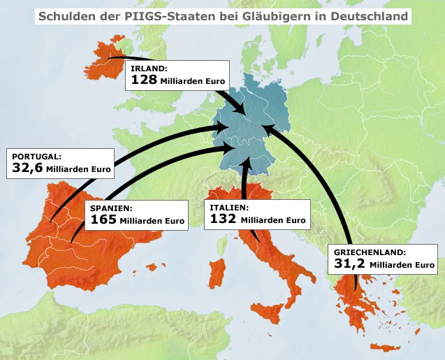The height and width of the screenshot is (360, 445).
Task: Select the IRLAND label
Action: click(x=148, y=69)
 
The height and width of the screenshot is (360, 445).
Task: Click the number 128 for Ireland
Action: click(x=143, y=80)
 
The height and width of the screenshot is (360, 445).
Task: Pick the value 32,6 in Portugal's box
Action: click(x=28, y=168)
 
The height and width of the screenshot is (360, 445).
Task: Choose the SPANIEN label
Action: click(x=111, y=208)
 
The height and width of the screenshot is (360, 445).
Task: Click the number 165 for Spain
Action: click(x=103, y=220)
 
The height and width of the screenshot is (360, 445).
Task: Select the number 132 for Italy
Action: click(x=223, y=219)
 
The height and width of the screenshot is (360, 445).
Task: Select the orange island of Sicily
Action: click(x=270, y=311)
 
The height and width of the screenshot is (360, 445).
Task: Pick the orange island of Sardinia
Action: click(x=217, y=271)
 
